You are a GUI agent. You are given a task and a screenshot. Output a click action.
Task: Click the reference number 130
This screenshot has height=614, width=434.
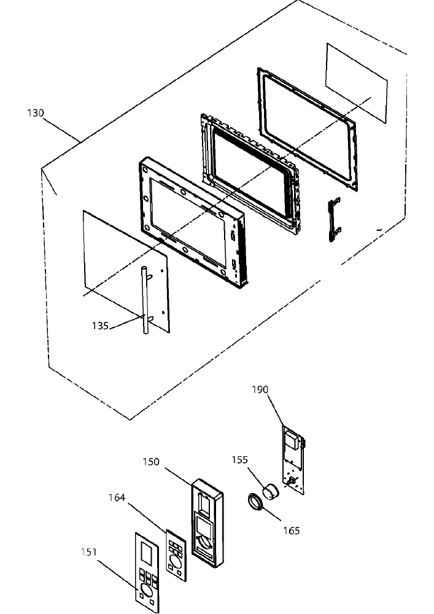pyautogui.click(x=36, y=113)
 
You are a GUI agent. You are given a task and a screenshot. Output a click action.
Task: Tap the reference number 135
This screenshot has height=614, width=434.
pyautogui.click(x=100, y=326)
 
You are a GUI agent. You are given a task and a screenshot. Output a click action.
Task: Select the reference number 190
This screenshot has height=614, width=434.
pyautogui.click(x=260, y=390)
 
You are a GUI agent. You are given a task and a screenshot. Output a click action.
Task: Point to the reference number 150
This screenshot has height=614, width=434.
pyautogui.click(x=151, y=462)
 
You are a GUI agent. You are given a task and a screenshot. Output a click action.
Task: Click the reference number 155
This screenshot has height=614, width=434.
pyautogui.click(x=240, y=459)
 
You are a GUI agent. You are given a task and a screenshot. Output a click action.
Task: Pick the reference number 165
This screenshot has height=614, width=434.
pyautogui.click(x=292, y=530)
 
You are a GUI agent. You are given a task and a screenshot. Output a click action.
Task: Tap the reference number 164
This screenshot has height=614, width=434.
pyautogui.click(x=117, y=497)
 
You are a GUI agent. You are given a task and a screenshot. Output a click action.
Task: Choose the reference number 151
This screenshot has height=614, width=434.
pyautogui.click(x=89, y=552)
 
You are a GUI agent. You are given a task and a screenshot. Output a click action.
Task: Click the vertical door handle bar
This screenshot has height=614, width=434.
pyautogui.click(x=145, y=300)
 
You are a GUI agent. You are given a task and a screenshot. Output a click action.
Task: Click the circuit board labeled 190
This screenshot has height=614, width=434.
pyautogui.click(x=293, y=460)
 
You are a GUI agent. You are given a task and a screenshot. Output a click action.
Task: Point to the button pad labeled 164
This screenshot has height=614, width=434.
pyautogui.click(x=176, y=556)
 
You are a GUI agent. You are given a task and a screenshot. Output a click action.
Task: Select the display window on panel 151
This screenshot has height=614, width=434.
pyautogui.click(x=146, y=553)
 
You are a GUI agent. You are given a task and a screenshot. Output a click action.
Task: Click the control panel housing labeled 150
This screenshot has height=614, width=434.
pyautogui.click(x=207, y=523)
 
